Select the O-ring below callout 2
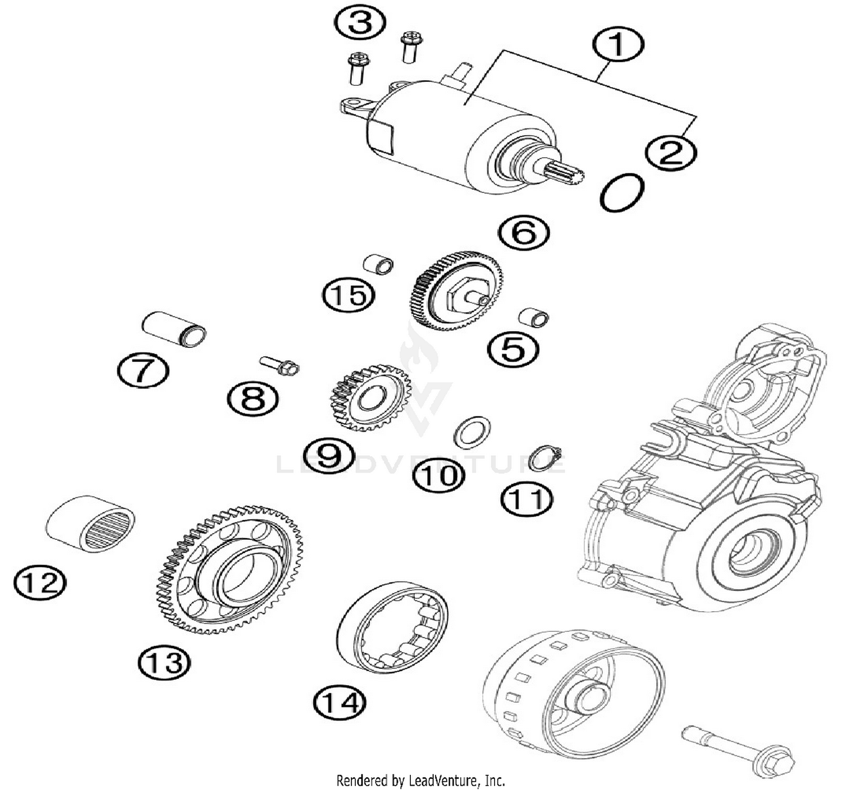point(621,192)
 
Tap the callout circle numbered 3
point(359,24)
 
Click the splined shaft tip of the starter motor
point(567,171)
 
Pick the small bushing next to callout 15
point(378,264)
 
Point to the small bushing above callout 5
point(533,317)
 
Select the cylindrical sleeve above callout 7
point(174,329)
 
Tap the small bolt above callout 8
point(281,366)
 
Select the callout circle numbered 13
point(164,662)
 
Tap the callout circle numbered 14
point(340,702)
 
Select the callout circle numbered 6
point(524,232)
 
